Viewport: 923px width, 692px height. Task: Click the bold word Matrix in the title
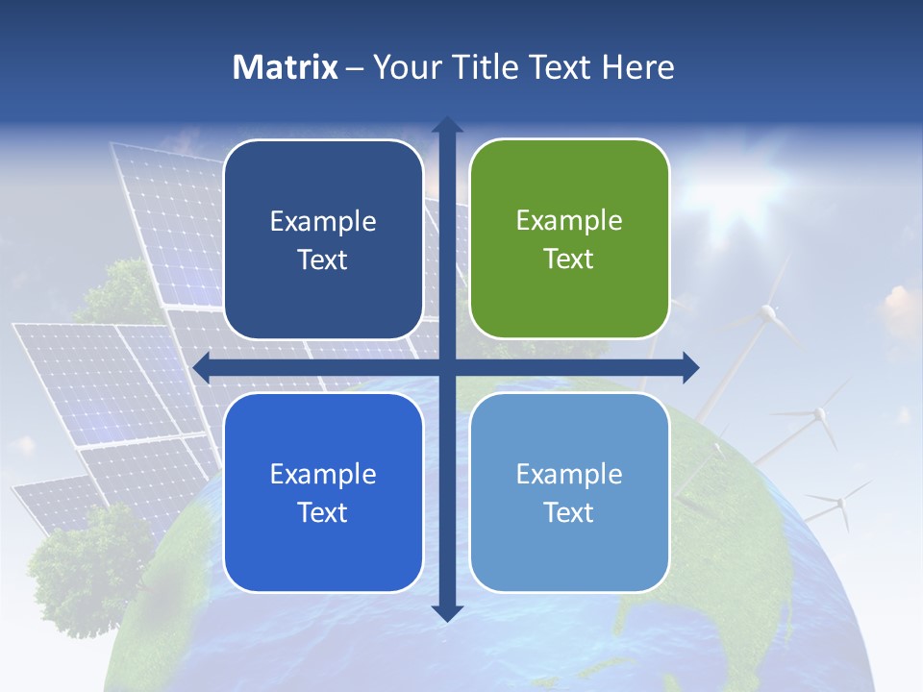(286, 67)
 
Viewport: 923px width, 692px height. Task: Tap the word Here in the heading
(637, 67)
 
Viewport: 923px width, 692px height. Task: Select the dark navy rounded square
(323, 239)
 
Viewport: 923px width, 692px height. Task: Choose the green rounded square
(569, 239)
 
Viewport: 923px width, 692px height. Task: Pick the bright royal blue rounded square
(323, 492)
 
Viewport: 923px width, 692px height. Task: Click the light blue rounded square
(569, 492)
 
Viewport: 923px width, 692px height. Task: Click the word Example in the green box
(569, 221)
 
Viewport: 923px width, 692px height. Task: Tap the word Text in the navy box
(323, 260)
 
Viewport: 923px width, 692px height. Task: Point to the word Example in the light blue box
(569, 474)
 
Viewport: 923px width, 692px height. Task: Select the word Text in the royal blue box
(323, 513)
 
